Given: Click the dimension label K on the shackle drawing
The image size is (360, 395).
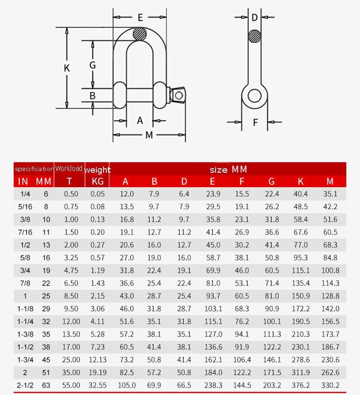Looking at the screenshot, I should click(x=67, y=68).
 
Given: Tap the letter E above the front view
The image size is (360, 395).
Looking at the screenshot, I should click(x=140, y=18).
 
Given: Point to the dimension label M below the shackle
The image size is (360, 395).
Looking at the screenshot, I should click(x=149, y=135).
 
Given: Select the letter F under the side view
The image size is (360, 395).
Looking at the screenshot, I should click(x=255, y=122).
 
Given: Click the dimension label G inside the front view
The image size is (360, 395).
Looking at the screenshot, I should click(x=93, y=65).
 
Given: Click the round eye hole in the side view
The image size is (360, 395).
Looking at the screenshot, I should click(x=255, y=95).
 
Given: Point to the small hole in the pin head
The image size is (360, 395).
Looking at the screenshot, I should click(x=179, y=95).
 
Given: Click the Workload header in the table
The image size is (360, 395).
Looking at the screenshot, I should click(x=69, y=169).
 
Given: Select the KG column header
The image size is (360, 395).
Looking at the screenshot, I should click(x=97, y=182).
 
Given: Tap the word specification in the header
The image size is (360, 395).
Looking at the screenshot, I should click(x=34, y=169).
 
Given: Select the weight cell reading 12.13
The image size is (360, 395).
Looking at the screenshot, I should click(x=98, y=360).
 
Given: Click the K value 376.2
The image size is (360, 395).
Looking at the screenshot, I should click(x=301, y=385).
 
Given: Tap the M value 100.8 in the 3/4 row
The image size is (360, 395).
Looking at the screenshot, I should click(x=330, y=270).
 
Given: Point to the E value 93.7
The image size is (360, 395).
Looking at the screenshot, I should click(x=213, y=296).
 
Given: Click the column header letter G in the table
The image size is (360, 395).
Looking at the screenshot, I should click(x=271, y=182).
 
